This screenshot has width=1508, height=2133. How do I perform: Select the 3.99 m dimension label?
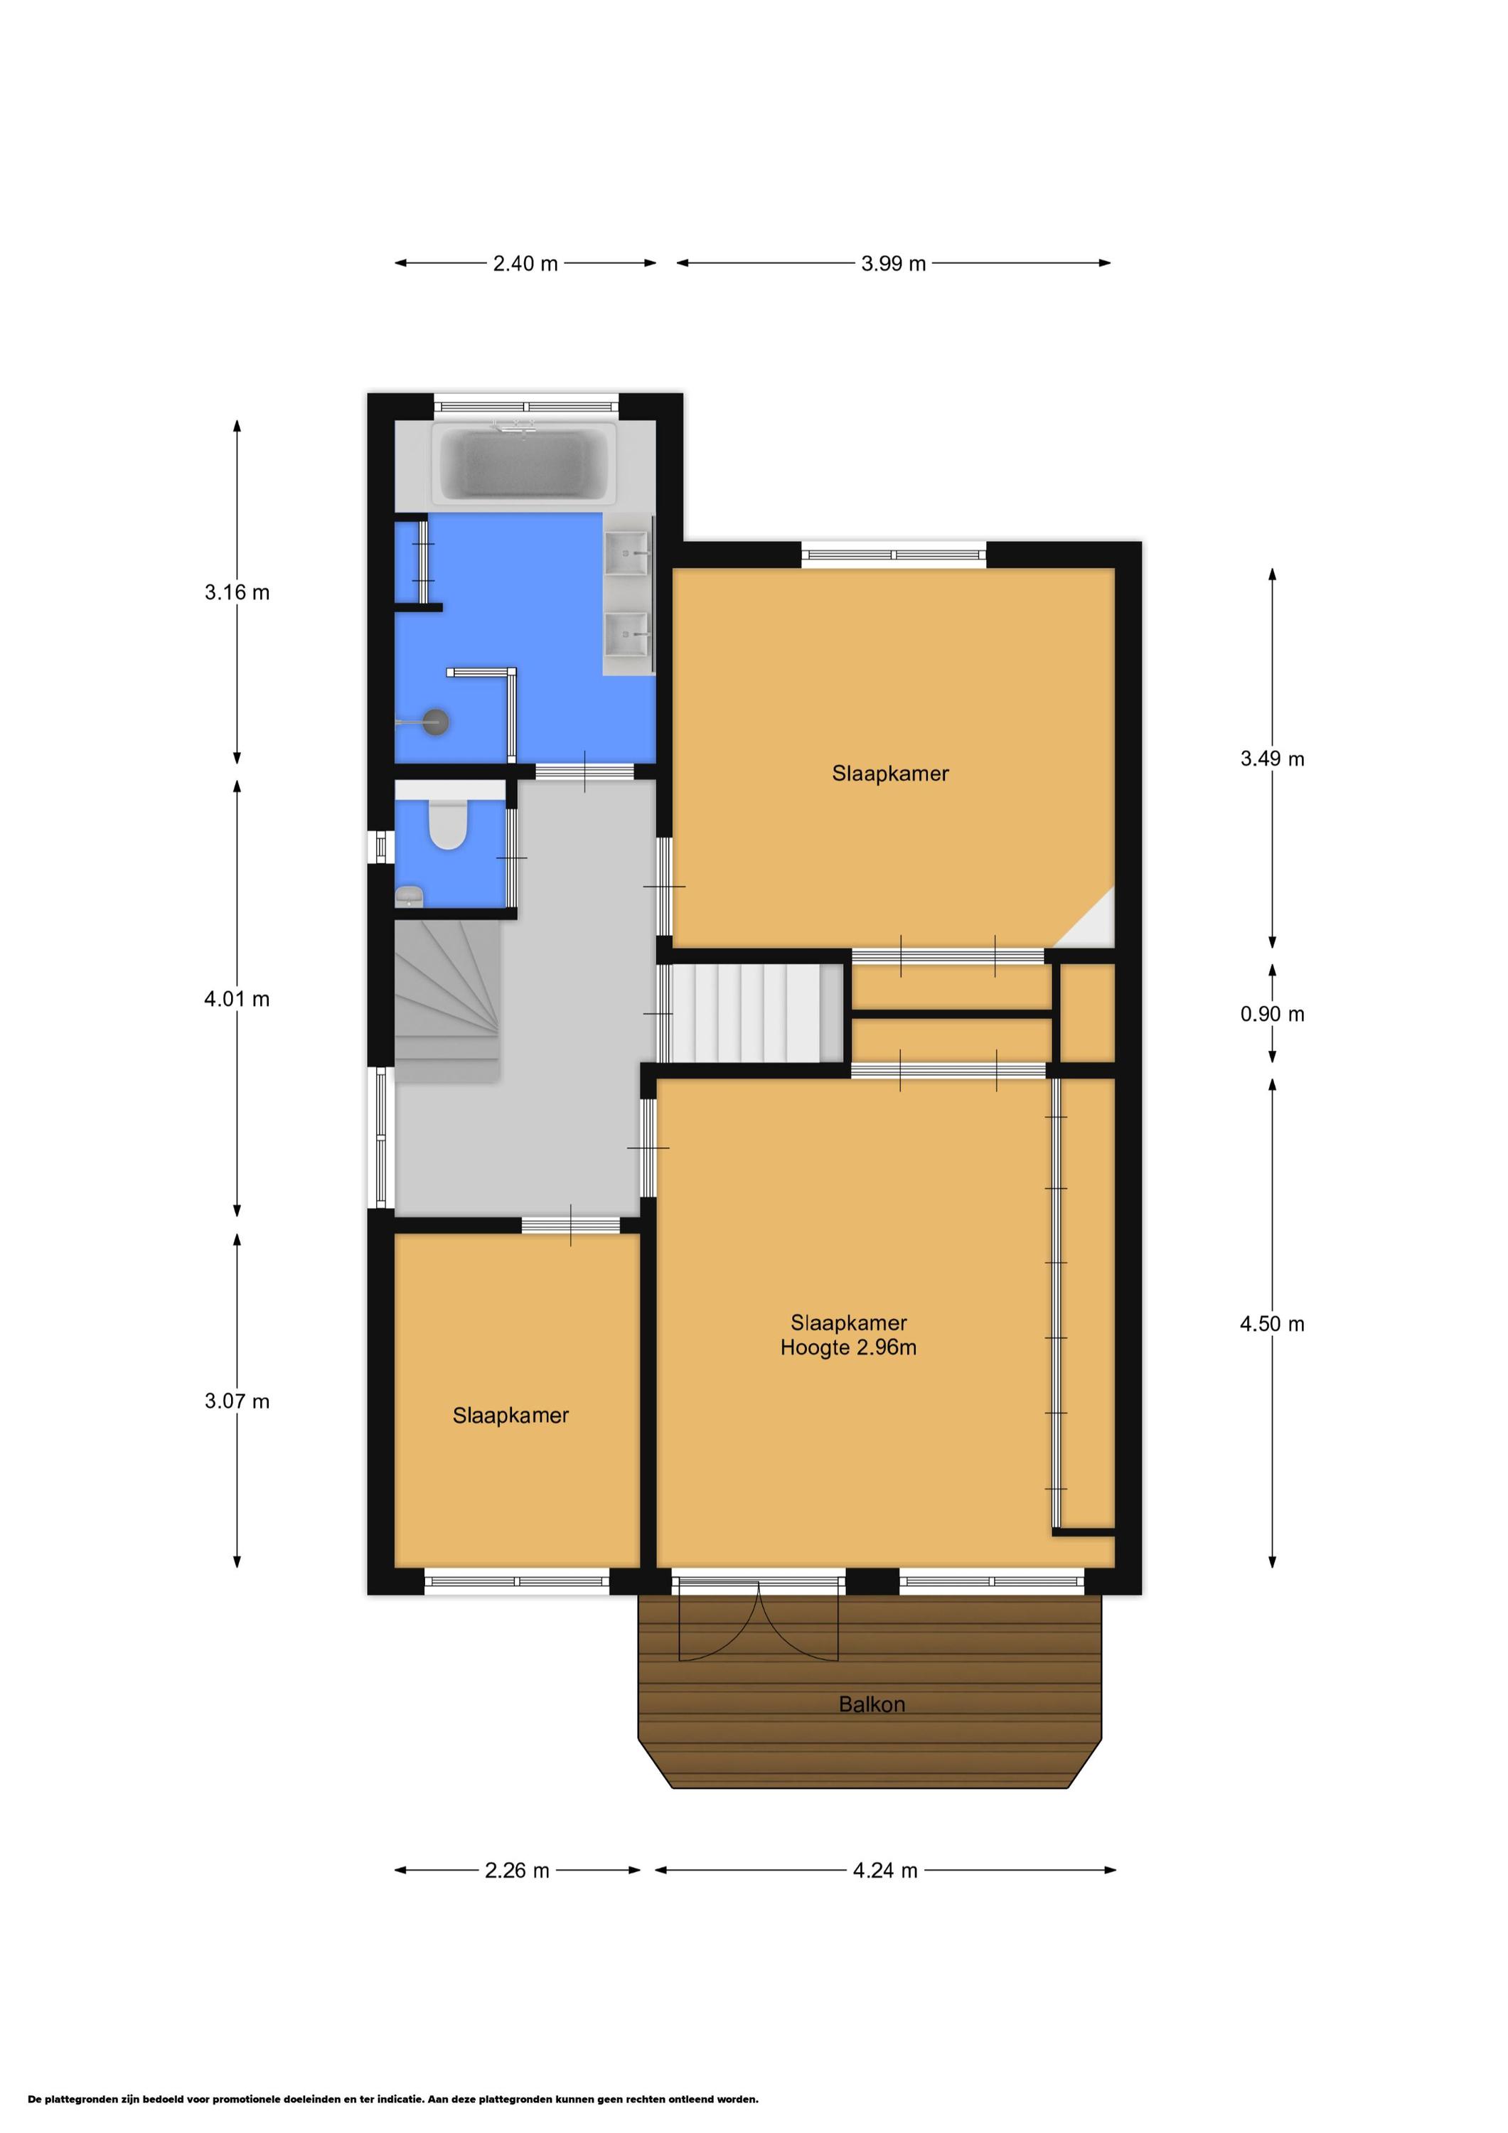click(893, 264)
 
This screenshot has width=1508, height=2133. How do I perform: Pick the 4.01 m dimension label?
click(237, 1000)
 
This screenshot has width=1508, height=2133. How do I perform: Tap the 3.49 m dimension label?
click(1272, 759)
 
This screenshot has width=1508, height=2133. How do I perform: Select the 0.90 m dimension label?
click(1272, 1015)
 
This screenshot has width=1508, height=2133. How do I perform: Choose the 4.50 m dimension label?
click(1272, 1324)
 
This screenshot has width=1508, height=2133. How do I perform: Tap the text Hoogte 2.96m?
click(848, 1348)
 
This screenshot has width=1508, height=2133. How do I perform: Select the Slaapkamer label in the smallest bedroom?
click(510, 1416)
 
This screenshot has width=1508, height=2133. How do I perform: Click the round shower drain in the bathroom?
click(436, 722)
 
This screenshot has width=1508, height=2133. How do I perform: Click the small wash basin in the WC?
click(409, 897)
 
